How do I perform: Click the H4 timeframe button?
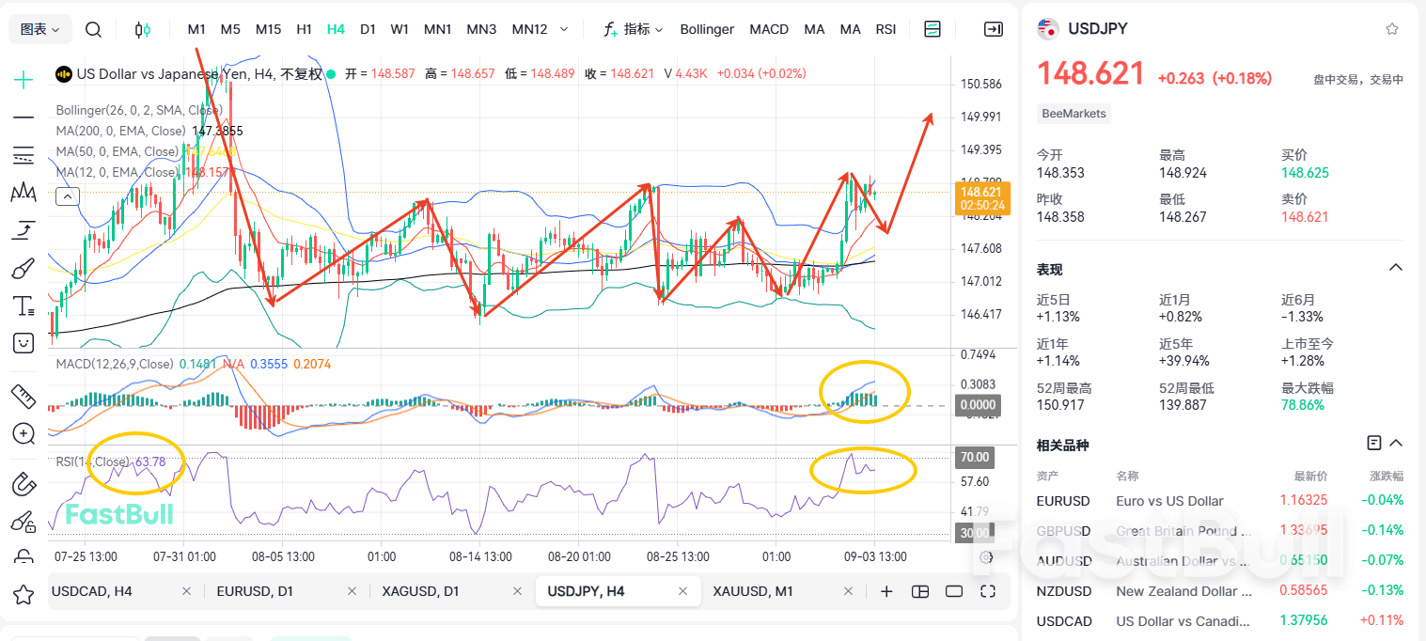[x=336, y=29]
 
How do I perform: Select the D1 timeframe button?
[x=368, y=29]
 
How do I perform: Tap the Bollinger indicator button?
[x=707, y=29]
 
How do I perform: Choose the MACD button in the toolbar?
[x=769, y=29]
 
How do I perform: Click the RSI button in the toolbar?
[x=885, y=29]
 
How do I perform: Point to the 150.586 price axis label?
[x=980, y=85]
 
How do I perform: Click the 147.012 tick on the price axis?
[x=980, y=281]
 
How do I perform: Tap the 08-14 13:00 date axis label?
[x=480, y=556]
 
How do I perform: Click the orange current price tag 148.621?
[x=982, y=197]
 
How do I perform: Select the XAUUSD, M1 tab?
[x=753, y=591]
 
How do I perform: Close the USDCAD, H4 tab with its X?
[x=186, y=591]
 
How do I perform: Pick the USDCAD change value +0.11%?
[x=1382, y=621]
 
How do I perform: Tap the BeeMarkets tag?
[x=1074, y=114]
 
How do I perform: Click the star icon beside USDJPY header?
[x=1392, y=29]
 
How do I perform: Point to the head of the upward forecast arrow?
[x=931, y=116]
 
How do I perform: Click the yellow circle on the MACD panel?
[x=865, y=391]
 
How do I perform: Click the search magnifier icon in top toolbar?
[x=93, y=29]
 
